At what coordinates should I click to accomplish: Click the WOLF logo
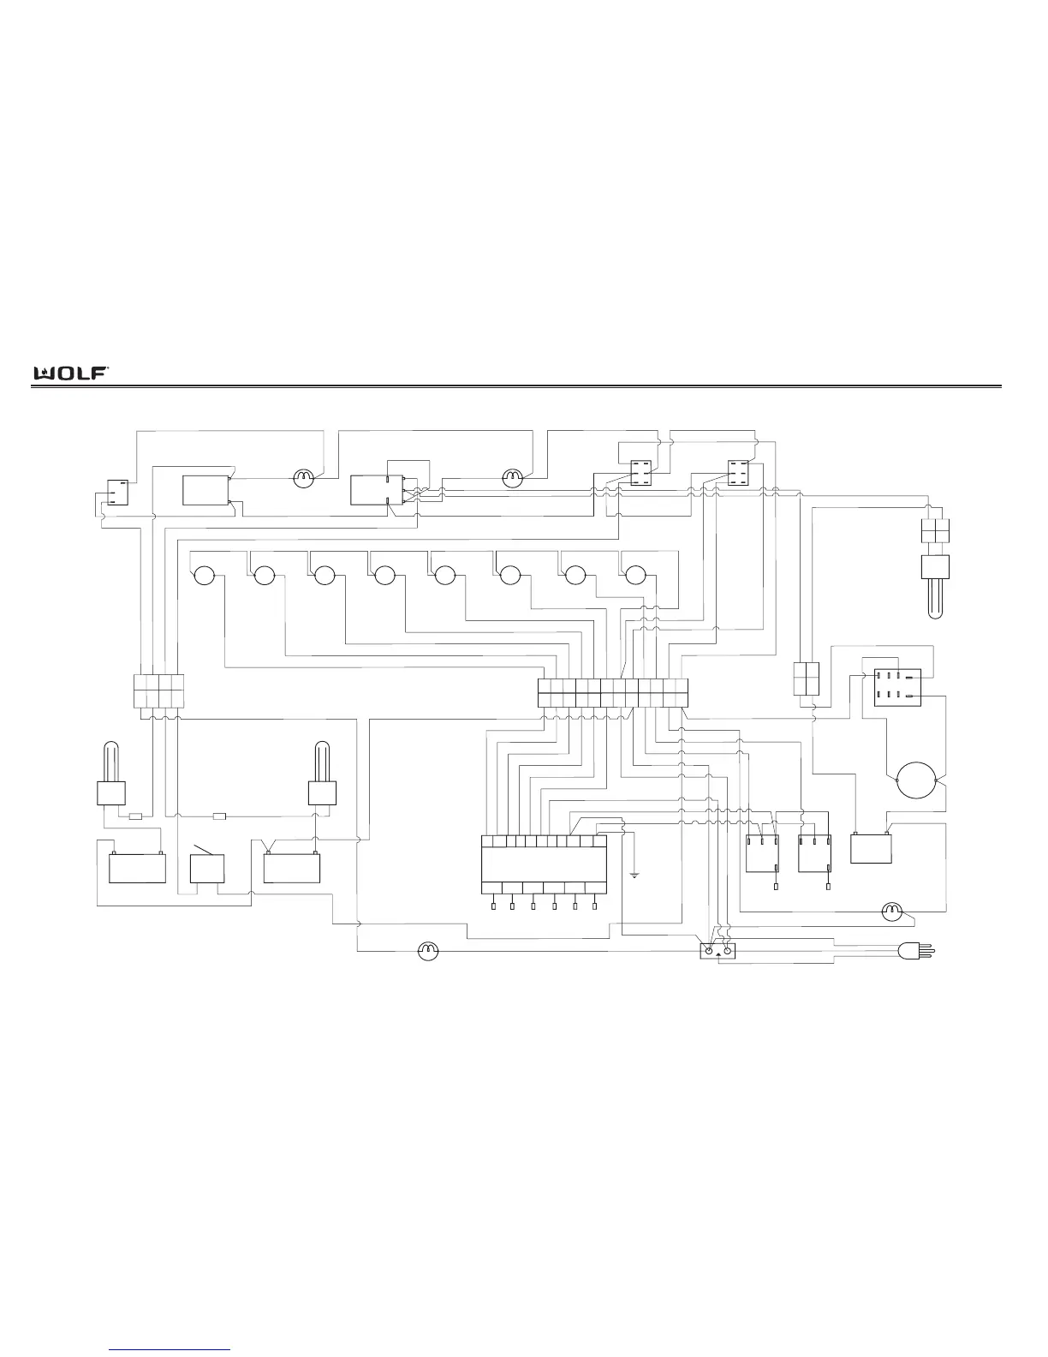pos(70,373)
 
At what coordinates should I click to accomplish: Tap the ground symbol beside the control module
pos(634,874)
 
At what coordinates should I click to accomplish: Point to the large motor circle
pos(917,780)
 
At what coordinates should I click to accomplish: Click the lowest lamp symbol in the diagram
pos(426,951)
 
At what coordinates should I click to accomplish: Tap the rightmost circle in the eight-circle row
pos(634,575)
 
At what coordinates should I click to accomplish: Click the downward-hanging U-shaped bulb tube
pos(935,598)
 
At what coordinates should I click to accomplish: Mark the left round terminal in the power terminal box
pos(709,951)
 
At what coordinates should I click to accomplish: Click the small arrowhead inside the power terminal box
pos(718,953)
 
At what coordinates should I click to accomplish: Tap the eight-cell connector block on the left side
pos(159,690)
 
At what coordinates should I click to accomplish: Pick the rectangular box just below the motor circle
pos(872,848)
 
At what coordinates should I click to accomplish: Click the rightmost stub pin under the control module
pos(594,906)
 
